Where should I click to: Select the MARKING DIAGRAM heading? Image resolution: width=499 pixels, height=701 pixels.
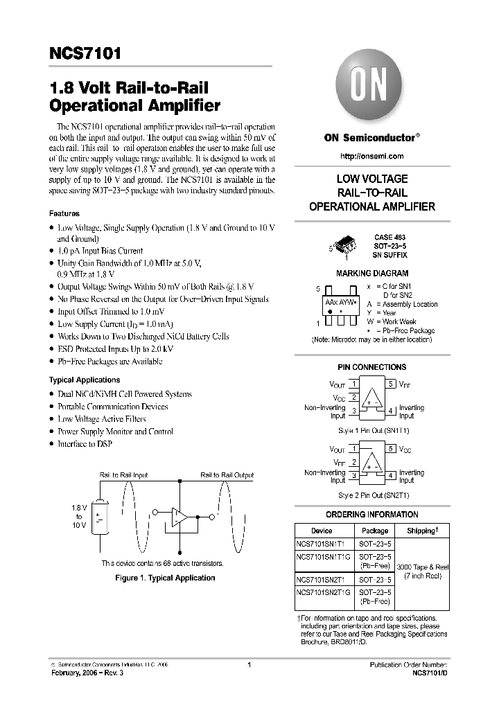[x=371, y=274]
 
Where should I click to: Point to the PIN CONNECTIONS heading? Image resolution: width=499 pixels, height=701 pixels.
[x=371, y=367]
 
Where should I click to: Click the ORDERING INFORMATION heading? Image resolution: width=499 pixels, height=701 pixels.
[x=371, y=515]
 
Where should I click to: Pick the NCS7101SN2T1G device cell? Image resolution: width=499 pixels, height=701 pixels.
[x=324, y=593]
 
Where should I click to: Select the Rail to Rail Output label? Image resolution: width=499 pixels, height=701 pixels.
[x=227, y=475]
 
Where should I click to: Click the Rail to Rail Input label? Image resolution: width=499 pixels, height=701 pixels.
[x=123, y=475]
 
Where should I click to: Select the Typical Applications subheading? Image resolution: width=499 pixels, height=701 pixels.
[x=85, y=380]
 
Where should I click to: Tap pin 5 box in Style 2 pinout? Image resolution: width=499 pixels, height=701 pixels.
[x=391, y=449]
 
